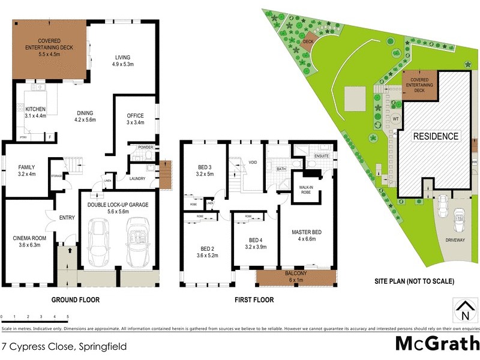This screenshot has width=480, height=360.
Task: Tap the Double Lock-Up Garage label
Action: [x=118, y=208]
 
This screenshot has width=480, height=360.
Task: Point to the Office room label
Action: [x=135, y=119]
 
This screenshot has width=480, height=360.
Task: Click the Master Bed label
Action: [x=304, y=236]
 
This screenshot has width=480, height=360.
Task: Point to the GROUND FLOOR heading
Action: [x=76, y=299]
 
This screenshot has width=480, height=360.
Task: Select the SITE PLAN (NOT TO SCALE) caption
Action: [x=414, y=281]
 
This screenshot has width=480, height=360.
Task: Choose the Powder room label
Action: [x=146, y=147]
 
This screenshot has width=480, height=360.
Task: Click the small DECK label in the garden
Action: [x=308, y=41]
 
